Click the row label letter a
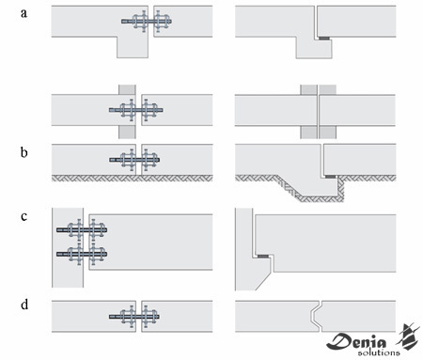pyautogui.click(x=23, y=13)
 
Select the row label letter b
pyautogui.click(x=23, y=152)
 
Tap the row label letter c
pyautogui.click(x=23, y=216)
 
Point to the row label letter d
pyautogui.click(x=24, y=305)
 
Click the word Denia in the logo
pyautogui.click(x=357, y=341)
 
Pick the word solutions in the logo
pyautogui.click(x=379, y=352)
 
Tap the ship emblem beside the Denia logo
pyautogui.click(x=409, y=337)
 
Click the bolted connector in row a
pyautogui.click(x=147, y=22)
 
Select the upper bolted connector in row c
pyautogui.click(x=82, y=230)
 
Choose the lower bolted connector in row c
pyautogui.click(x=82, y=254)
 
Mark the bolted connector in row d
pyautogui.click(x=134, y=317)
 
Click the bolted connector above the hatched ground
pyautogui.click(x=134, y=160)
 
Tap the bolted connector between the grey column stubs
pyautogui.click(x=136, y=110)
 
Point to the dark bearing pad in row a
pyautogui.click(x=324, y=39)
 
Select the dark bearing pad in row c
pyautogui.click(x=263, y=257)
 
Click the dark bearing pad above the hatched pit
pyautogui.click(x=330, y=177)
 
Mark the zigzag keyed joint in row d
pyautogui.click(x=316, y=317)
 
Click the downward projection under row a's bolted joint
pyautogui.click(x=133, y=47)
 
